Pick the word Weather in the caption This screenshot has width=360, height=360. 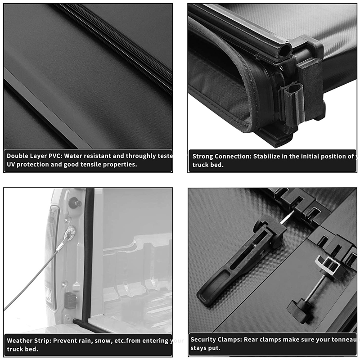click(x=20, y=341)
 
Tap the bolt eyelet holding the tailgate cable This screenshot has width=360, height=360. click(x=70, y=233)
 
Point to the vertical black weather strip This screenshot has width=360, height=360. click(x=88, y=252)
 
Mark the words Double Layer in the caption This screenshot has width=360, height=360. click(x=26, y=156)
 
